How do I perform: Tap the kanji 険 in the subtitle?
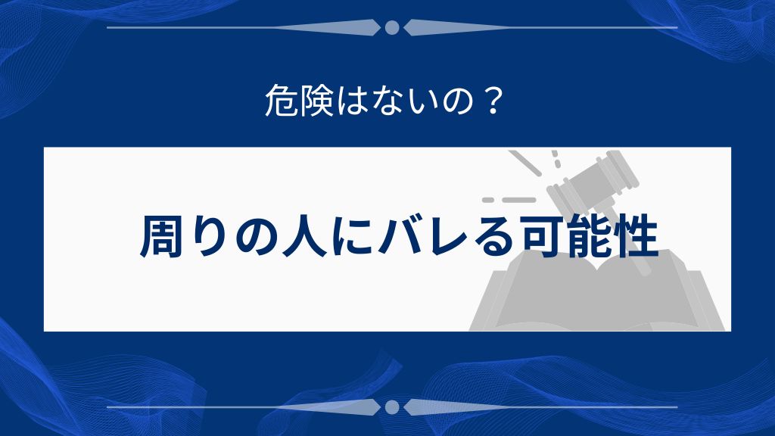coord(315,102)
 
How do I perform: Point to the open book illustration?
coord(598,299)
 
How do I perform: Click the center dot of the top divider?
coord(392,28)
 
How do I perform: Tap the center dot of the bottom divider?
coord(392,407)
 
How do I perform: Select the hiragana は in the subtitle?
coord(350,102)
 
